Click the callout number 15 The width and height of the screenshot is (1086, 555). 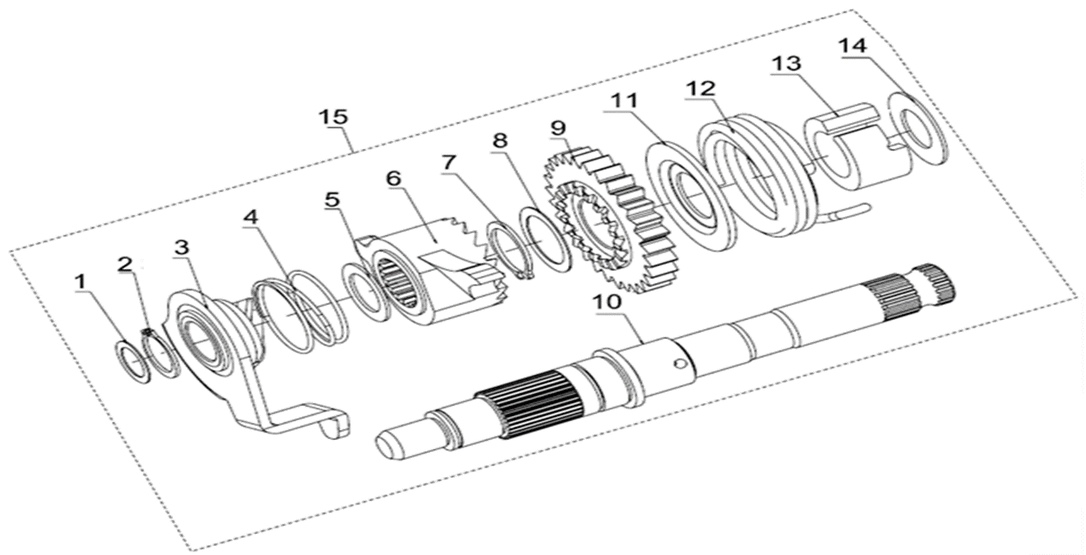(333, 117)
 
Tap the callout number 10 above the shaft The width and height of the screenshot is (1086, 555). (606, 302)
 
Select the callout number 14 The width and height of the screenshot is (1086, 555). (853, 46)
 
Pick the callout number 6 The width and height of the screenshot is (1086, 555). (393, 178)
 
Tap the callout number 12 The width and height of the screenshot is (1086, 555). (701, 88)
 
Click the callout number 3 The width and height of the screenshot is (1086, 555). (181, 247)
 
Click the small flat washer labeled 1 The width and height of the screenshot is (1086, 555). (132, 363)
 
